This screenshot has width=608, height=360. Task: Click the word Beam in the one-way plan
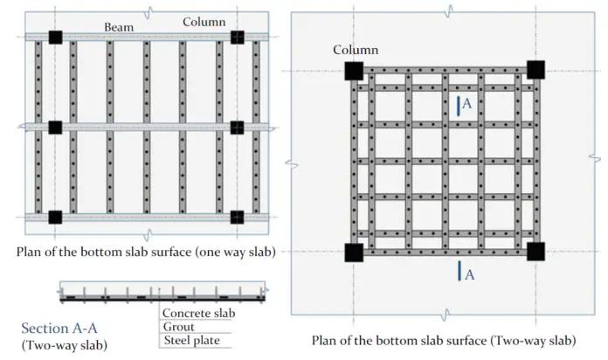tap(119, 27)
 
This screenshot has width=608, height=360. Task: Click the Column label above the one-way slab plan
tap(204, 21)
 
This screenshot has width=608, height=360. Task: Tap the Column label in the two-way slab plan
tap(356, 50)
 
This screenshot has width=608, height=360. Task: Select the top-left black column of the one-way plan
tap(55, 38)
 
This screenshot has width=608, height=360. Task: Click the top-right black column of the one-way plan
tap(238, 38)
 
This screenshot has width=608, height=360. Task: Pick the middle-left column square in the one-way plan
tap(55, 128)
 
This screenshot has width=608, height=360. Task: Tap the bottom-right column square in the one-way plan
tap(238, 217)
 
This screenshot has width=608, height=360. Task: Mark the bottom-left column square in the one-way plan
tap(55, 217)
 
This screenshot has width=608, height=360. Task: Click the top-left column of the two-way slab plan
tap(354, 71)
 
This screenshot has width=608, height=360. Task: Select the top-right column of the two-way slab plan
tap(535, 70)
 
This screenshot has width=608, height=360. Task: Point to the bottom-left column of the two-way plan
tap(354, 253)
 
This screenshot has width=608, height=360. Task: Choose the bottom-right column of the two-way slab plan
tap(535, 253)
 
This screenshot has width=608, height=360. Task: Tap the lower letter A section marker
tap(469, 274)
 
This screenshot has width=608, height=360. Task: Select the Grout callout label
tap(177, 326)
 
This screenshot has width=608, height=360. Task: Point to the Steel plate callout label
tap(190, 340)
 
